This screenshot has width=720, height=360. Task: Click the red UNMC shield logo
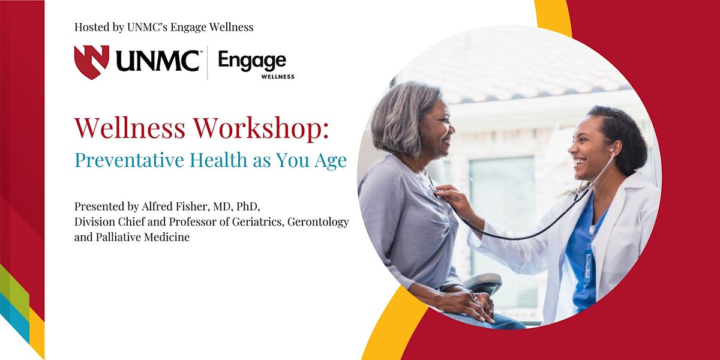click(x=92, y=62)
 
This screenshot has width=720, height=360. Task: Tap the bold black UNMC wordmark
click(x=157, y=61)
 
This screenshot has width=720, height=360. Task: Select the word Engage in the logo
click(x=252, y=61)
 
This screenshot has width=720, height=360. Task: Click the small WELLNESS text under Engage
click(x=278, y=77)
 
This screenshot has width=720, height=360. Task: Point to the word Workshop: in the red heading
click(x=261, y=128)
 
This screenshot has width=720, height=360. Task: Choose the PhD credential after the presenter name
click(x=247, y=206)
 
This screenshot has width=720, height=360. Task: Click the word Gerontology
click(x=318, y=223)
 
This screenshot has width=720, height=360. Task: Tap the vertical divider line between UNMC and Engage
click(x=208, y=62)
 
